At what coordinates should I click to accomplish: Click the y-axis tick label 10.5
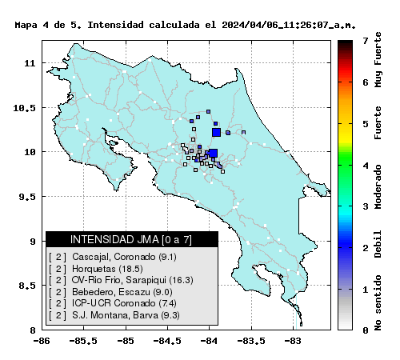[25, 108]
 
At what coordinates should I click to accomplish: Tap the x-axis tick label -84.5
[167, 341]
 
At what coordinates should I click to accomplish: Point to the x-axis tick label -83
[293, 341]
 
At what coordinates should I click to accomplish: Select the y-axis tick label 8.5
[27, 286]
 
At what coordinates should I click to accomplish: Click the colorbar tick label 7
[366, 41]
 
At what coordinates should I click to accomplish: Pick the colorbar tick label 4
[366, 166]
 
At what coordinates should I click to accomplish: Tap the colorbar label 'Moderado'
[378, 186]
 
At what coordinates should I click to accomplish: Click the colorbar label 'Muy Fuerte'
[378, 60]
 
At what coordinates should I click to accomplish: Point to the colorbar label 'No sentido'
[378, 302]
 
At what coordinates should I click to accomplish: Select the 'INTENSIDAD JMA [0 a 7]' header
[131, 239]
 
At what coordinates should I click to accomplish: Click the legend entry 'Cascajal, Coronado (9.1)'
[124, 257]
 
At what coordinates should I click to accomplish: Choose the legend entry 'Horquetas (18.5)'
[107, 269]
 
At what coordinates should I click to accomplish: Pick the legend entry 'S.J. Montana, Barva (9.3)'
[126, 315]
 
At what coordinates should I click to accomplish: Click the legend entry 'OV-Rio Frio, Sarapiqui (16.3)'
[133, 280]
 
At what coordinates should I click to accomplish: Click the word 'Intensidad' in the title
[115, 25]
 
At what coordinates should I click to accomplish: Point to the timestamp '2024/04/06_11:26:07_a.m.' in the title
[289, 25]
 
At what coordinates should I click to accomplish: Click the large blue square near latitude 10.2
[216, 132]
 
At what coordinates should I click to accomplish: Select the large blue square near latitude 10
[214, 154]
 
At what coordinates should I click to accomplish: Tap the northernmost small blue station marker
[209, 111]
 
